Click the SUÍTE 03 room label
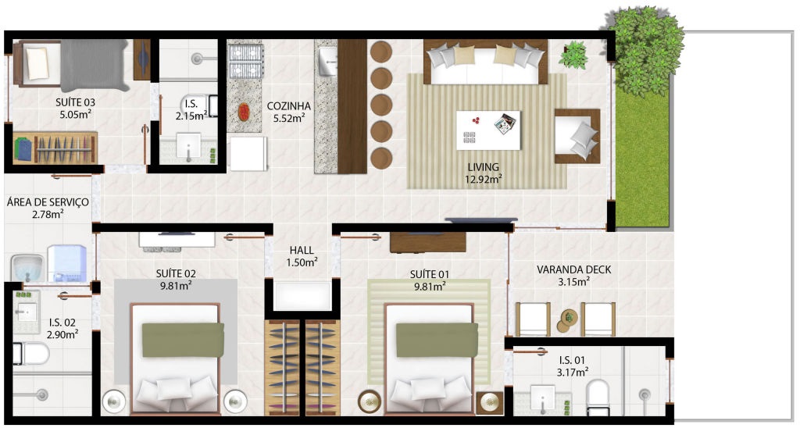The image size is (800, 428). tap(76, 102)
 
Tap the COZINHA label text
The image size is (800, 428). tap(289, 106)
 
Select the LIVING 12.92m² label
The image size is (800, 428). tap(483, 173)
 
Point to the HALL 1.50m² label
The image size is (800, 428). tap(302, 256)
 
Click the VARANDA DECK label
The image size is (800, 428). tap(573, 269)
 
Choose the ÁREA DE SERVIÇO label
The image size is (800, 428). tap(48, 202)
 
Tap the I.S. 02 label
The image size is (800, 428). tap(62, 323)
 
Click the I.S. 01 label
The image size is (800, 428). tap(571, 360)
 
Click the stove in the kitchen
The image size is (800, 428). tap(245, 61)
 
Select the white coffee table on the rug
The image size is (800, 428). tap(488, 130)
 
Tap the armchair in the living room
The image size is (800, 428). tap(577, 136)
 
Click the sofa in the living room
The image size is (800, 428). tap(485, 62)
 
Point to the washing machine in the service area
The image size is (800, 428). tap(67, 263)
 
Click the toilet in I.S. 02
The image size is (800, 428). tap(30, 354)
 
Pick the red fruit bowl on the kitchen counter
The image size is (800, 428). tap(244, 112)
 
